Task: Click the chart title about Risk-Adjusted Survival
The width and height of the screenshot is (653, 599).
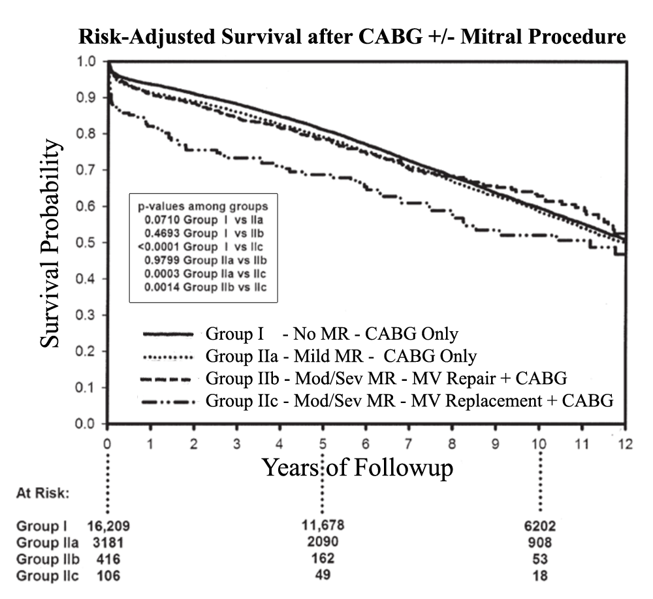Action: point(352,38)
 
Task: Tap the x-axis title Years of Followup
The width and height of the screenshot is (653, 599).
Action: point(357,467)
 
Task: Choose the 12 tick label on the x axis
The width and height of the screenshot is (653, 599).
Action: point(626,444)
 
